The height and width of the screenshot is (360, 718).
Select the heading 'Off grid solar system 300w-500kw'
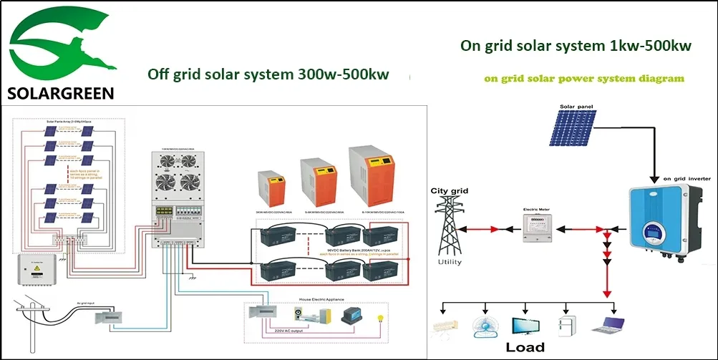click(x=268, y=74)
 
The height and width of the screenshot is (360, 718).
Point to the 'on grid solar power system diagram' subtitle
click(x=583, y=78)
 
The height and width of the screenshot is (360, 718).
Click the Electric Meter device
click(x=530, y=227)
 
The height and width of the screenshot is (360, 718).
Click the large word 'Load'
click(x=525, y=347)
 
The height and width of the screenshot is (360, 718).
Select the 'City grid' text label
click(x=448, y=191)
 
